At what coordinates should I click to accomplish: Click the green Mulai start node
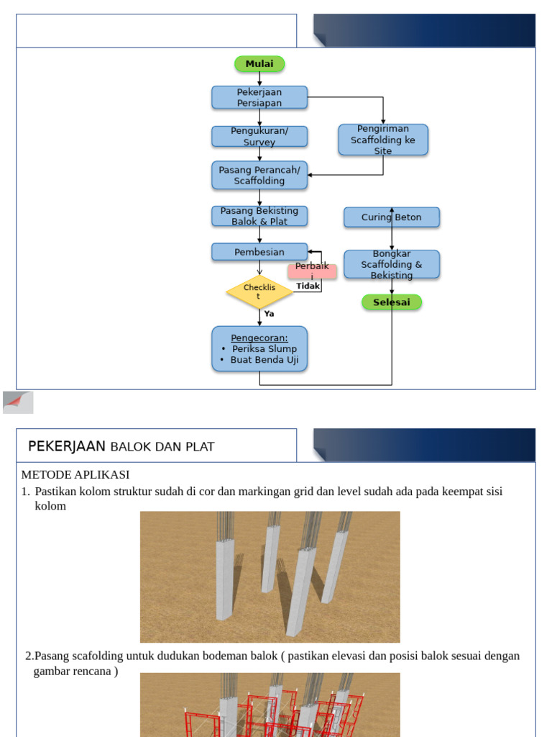[259, 64]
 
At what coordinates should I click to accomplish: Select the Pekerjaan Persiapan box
[259, 98]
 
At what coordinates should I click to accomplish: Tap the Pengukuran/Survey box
[259, 137]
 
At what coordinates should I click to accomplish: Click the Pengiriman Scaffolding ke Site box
[383, 140]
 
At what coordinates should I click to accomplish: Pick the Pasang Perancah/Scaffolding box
[259, 176]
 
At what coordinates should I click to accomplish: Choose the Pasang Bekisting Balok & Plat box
[259, 216]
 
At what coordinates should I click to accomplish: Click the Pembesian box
[259, 252]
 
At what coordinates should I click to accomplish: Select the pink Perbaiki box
[312, 271]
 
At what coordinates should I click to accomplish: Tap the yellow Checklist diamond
[259, 292]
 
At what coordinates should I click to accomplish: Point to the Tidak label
[308, 286]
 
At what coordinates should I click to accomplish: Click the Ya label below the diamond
[269, 314]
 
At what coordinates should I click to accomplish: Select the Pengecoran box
[259, 349]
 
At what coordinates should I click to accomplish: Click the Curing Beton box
[392, 217]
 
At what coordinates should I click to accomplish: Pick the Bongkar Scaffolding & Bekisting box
[392, 264]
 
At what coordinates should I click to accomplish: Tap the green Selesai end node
[392, 302]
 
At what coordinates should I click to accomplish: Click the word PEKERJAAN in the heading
[67, 446]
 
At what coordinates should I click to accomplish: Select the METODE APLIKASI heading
[75, 474]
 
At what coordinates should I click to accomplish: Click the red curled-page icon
[18, 402]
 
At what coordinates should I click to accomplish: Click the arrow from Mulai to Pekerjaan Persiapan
[259, 79]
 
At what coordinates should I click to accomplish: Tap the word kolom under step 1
[50, 506]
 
